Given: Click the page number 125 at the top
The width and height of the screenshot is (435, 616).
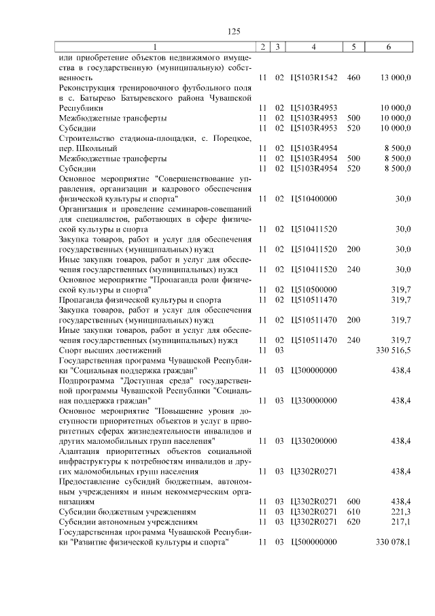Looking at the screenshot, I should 234,31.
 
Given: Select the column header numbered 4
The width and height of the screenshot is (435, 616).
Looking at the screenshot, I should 313,47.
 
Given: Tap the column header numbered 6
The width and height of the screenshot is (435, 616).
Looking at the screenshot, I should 388,47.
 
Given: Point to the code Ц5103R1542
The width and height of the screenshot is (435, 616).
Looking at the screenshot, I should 313,78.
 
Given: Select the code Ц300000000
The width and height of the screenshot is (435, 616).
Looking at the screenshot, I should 313,370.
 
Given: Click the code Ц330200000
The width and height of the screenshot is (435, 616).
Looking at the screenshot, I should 313,440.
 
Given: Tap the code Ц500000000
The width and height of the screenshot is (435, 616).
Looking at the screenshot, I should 313,542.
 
